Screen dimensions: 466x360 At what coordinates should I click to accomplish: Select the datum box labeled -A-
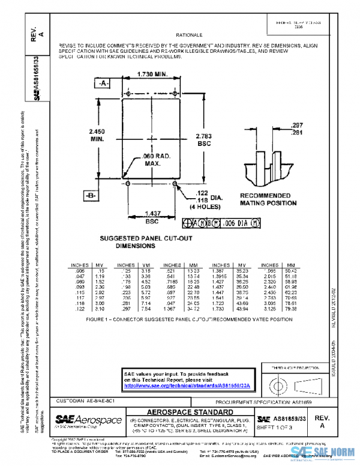103,83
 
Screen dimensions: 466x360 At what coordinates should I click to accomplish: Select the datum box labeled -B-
91,196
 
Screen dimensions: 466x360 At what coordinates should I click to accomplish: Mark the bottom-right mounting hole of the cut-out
174,180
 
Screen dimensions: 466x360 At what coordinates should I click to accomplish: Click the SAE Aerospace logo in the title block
88,419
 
